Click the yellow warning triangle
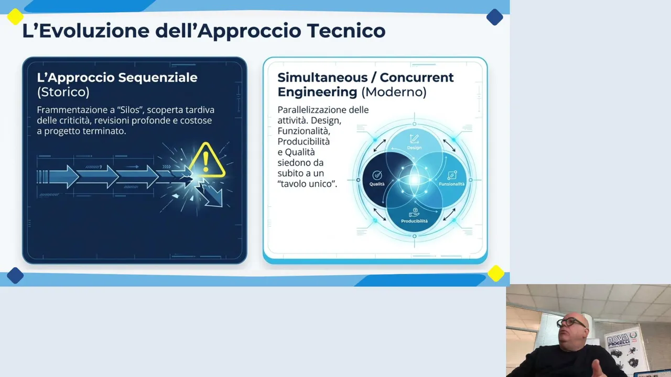pyautogui.click(x=207, y=161)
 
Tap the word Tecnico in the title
pyautogui.click(x=346, y=30)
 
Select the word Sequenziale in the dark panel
pyautogui.click(x=158, y=77)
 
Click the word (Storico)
pyautogui.click(x=63, y=92)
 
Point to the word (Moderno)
pyautogui.click(x=394, y=92)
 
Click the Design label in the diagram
pyautogui.click(x=414, y=148)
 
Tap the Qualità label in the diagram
pyautogui.click(x=377, y=184)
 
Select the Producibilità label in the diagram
pyautogui.click(x=414, y=221)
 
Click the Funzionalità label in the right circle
pyautogui.click(x=452, y=184)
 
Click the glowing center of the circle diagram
pyautogui.click(x=414, y=180)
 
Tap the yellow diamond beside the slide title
pyautogui.click(x=15, y=16)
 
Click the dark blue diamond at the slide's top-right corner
pyautogui.click(x=494, y=17)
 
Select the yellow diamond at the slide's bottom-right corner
pyautogui.click(x=496, y=273)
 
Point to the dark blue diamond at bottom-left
pyautogui.click(x=15, y=275)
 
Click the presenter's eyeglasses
pyautogui.click(x=571, y=323)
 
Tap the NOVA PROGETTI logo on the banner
pyautogui.click(x=619, y=340)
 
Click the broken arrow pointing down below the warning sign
pyautogui.click(x=211, y=194)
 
